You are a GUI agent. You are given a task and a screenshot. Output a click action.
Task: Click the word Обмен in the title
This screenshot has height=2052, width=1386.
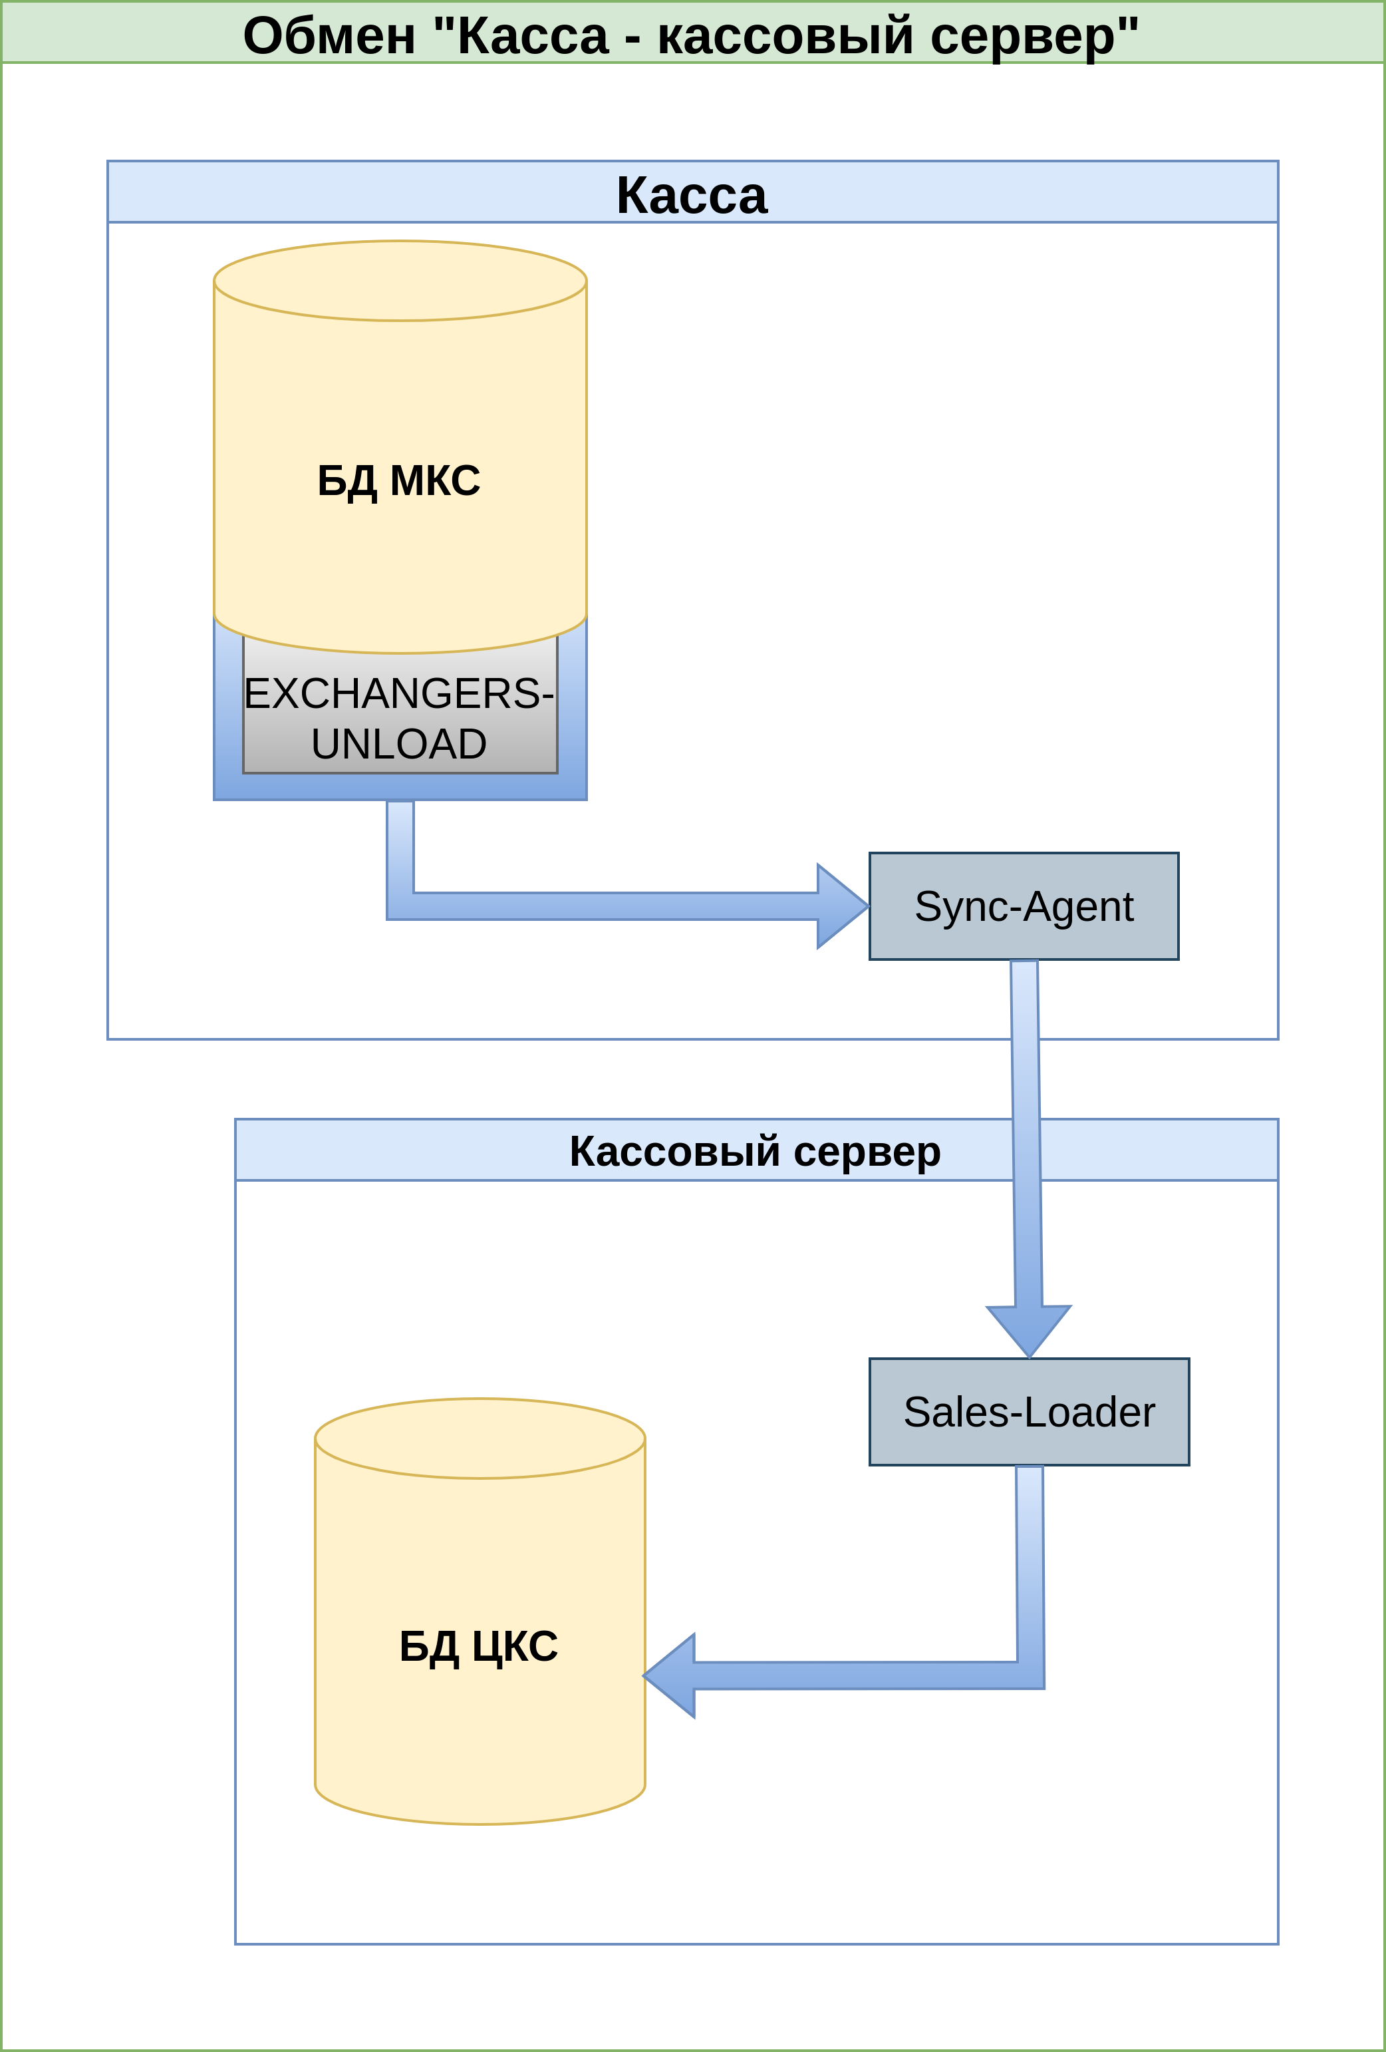[329, 37]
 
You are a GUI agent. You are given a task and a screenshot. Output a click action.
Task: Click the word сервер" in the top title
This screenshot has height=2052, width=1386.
[1034, 37]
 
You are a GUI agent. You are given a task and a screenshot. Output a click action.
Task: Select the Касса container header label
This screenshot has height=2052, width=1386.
[692, 195]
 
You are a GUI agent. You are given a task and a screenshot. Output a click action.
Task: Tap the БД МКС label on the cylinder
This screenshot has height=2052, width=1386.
[399, 481]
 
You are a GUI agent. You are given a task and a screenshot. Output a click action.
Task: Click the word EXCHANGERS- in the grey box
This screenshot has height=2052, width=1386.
[399, 693]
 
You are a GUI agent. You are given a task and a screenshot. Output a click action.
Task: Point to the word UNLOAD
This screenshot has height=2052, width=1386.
[399, 743]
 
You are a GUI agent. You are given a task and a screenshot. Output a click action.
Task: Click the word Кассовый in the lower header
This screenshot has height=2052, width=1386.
[674, 1151]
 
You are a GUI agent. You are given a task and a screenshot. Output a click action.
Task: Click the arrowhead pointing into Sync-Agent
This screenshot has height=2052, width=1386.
[841, 906]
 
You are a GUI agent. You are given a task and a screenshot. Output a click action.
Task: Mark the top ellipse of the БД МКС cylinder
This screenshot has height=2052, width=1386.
[400, 281]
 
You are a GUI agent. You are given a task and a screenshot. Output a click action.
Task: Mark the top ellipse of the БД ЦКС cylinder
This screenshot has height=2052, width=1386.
[480, 1439]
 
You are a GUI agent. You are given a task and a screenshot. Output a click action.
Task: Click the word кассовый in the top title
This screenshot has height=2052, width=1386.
[785, 37]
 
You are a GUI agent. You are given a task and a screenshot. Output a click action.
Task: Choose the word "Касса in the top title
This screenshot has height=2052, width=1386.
[521, 37]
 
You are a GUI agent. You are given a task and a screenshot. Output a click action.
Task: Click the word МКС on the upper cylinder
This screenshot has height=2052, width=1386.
[435, 481]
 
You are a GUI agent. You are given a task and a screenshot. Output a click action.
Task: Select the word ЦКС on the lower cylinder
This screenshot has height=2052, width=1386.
[515, 1647]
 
